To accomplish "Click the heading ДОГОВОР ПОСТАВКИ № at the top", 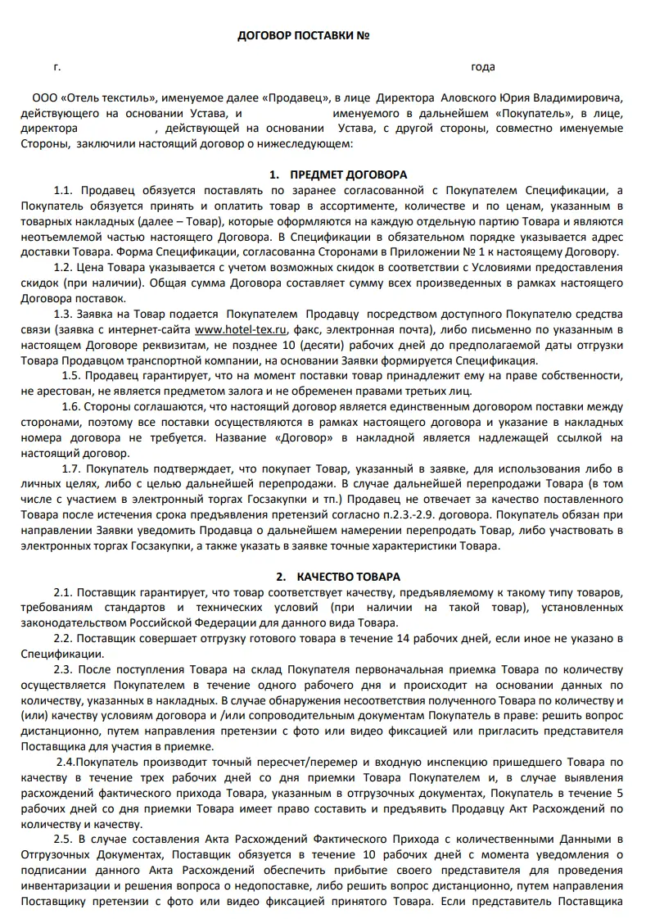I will click(x=303, y=37).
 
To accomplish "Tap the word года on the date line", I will click(x=483, y=67).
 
